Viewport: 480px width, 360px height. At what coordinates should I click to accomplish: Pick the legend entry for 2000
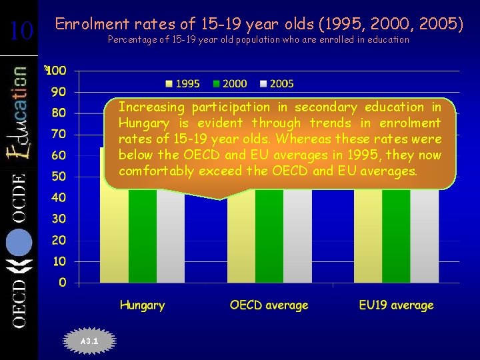coord(229,83)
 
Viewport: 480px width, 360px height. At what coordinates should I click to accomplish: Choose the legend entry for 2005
coord(277,83)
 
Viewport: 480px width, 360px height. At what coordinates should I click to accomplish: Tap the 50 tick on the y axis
coord(59,177)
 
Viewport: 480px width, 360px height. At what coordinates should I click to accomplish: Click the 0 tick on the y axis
coord(62,283)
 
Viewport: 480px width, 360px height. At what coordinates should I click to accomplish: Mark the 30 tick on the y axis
coord(59,219)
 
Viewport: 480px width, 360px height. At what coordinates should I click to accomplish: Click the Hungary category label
coord(142,305)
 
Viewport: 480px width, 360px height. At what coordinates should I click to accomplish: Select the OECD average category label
coord(269,305)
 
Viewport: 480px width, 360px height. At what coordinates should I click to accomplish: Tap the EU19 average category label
coord(396,305)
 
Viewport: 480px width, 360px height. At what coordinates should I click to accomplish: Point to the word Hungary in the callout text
coord(143,123)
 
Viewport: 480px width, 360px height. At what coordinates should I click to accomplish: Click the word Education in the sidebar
coord(19,113)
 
